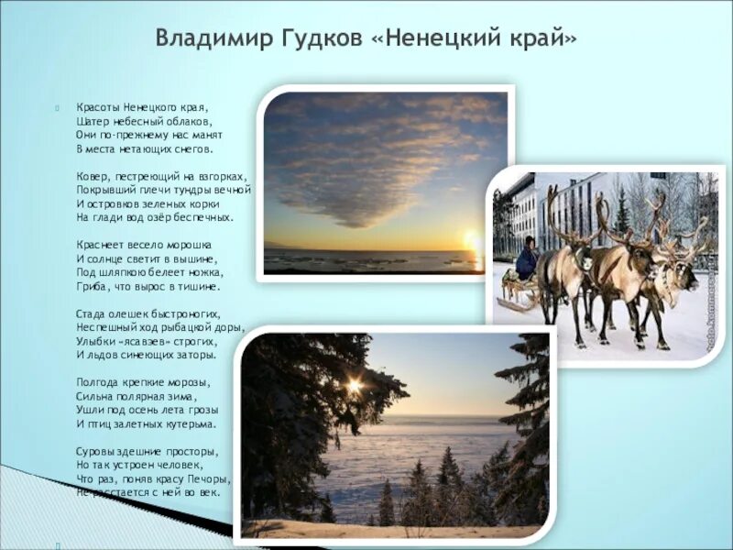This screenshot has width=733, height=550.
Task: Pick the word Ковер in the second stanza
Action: coord(93,175)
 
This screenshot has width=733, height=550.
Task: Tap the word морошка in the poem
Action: coord(188,245)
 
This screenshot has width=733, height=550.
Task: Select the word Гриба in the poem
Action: coord(92,286)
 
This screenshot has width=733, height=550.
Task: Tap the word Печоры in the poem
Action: coord(211,478)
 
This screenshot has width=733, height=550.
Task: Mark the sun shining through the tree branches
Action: coord(354,387)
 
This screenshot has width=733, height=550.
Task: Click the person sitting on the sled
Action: coord(527,259)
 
